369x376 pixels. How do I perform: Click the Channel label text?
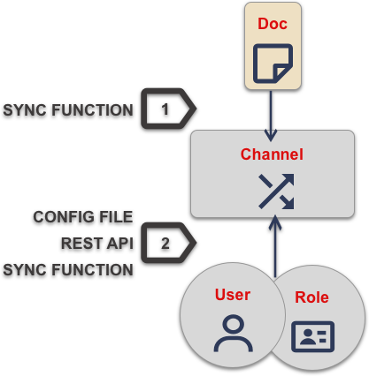click(272, 154)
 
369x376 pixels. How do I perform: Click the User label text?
click(233, 295)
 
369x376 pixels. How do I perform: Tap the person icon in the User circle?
click(233, 333)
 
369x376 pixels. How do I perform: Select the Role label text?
click(311, 298)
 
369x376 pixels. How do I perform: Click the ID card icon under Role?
click(312, 336)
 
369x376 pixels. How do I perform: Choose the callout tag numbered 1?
click(167, 109)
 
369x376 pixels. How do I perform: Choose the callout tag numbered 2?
click(167, 243)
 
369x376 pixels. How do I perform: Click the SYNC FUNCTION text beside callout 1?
click(68, 110)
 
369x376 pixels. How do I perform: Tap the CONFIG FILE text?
click(83, 216)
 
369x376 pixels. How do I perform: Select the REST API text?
click(96, 243)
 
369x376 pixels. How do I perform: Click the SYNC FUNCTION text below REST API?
click(68, 269)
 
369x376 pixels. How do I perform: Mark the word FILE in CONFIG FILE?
click(116, 216)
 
